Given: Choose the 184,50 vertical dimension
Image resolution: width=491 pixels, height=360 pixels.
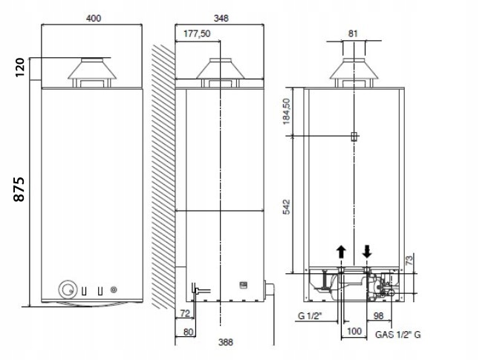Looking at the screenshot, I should coord(287,111).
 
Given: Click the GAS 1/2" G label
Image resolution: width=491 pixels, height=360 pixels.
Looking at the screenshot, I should coord(398,335).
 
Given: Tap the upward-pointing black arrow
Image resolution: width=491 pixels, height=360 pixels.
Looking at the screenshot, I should coord(341,251).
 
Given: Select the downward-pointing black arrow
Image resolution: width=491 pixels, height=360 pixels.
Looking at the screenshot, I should coord(367,251).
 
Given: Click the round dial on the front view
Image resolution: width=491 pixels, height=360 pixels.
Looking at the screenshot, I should coord(69,289).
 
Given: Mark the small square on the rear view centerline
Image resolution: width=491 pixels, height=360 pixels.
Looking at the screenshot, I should coord(354,136).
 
